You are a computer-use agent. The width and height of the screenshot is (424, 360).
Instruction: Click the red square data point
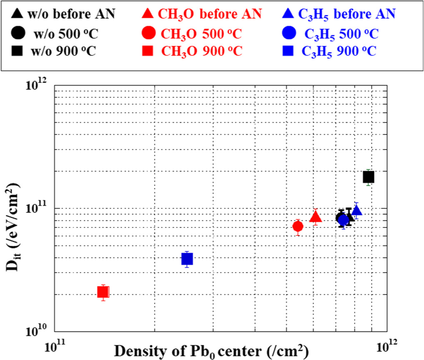click(x=103, y=292)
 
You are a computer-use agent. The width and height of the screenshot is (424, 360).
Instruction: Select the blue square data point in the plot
click(x=187, y=259)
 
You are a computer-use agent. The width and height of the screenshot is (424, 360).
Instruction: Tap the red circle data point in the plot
click(x=298, y=226)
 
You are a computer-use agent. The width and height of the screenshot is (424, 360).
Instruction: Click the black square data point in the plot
click(x=369, y=177)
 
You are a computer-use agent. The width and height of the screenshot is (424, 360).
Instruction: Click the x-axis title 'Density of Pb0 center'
click(x=211, y=351)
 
